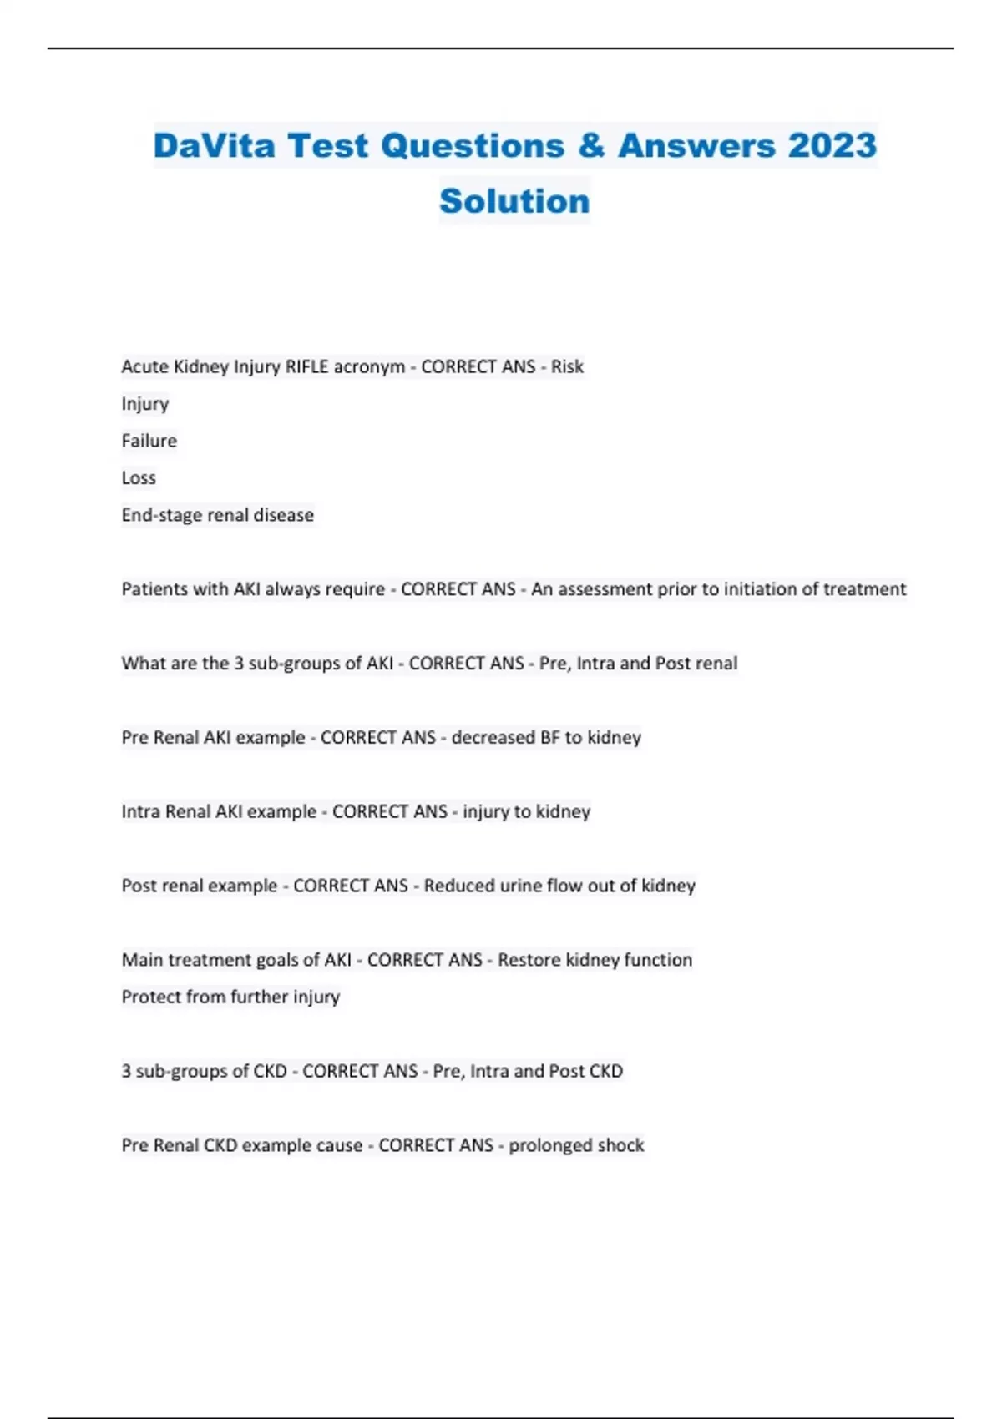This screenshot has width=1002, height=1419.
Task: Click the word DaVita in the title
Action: point(214,145)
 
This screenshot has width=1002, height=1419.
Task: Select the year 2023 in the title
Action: point(832,145)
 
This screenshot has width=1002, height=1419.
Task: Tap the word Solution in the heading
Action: point(514,201)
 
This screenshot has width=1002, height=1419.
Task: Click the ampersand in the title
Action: point(590,145)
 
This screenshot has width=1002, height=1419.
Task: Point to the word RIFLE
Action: point(308,366)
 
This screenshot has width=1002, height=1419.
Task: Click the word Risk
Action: point(567,366)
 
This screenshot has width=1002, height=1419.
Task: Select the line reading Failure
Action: point(149,441)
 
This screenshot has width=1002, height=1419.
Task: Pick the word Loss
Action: point(139,478)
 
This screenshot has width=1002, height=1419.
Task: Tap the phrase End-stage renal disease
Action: point(217,515)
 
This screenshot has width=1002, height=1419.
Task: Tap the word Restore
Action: point(529,960)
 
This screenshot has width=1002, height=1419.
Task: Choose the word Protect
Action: point(151,997)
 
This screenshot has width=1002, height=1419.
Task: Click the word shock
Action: point(620,1145)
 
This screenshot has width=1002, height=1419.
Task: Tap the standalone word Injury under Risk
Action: point(144,404)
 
